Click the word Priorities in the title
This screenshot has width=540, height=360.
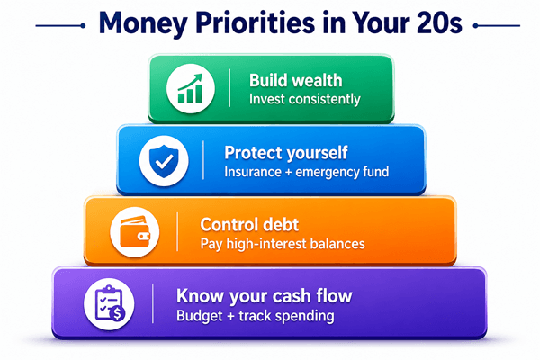click(x=256, y=23)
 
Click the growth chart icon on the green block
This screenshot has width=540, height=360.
click(x=191, y=88)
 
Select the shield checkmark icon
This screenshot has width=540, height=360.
click(x=164, y=161)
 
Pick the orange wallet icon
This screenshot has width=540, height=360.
click(x=135, y=231)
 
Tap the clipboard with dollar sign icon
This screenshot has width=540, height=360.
click(x=110, y=303)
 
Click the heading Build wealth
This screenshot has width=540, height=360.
click(x=296, y=81)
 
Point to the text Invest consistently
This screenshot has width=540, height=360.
click(x=305, y=99)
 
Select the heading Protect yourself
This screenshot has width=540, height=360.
click(x=286, y=153)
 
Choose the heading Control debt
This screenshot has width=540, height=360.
click(x=249, y=225)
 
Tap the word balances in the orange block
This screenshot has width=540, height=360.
click(x=337, y=244)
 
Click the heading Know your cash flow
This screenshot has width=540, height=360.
click(x=264, y=296)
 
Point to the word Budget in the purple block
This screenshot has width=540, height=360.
click(x=200, y=316)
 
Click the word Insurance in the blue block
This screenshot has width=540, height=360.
click(x=253, y=172)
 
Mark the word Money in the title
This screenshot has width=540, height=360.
click(x=143, y=23)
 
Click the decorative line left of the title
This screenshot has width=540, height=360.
click(x=60, y=25)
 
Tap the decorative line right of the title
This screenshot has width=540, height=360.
click(x=497, y=25)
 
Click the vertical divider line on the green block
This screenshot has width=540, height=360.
click(x=229, y=88)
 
